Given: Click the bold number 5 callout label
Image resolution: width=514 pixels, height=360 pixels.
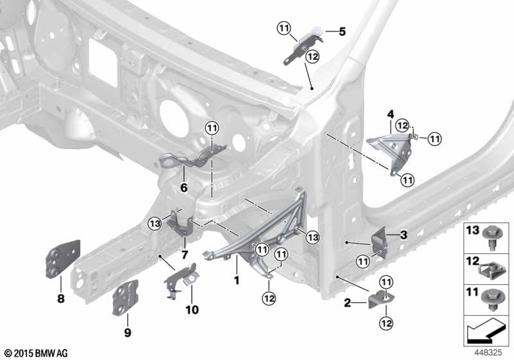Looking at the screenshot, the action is (342, 32).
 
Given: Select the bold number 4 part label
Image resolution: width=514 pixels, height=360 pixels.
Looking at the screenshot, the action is (391, 114).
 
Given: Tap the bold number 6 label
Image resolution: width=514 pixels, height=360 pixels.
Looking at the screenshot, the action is (184, 188).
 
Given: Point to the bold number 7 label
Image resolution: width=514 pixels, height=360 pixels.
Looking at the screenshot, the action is (184, 255).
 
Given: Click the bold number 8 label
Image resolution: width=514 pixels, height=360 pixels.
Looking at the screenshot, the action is (61, 299).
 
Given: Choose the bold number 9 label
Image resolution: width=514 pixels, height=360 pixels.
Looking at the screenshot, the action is (127, 332).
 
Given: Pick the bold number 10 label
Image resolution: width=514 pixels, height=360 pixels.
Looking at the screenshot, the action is (192, 309).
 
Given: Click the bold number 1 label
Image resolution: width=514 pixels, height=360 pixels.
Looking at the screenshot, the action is (236, 280).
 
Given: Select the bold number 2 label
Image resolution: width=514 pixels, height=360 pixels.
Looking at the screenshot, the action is (347, 303).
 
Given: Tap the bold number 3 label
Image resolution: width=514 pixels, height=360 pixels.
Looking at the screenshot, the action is (404, 235).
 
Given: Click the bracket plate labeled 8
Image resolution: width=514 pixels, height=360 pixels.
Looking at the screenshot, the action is (62, 259).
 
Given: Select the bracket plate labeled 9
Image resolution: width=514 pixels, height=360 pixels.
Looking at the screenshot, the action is (125, 298).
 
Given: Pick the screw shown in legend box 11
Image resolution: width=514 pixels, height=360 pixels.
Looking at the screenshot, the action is (491, 300).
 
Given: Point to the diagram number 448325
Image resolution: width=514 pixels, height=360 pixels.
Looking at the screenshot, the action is (489, 352).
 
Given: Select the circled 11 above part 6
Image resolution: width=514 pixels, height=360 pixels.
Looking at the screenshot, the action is (212, 128).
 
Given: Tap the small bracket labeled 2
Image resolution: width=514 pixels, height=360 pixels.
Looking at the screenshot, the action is (381, 299).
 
